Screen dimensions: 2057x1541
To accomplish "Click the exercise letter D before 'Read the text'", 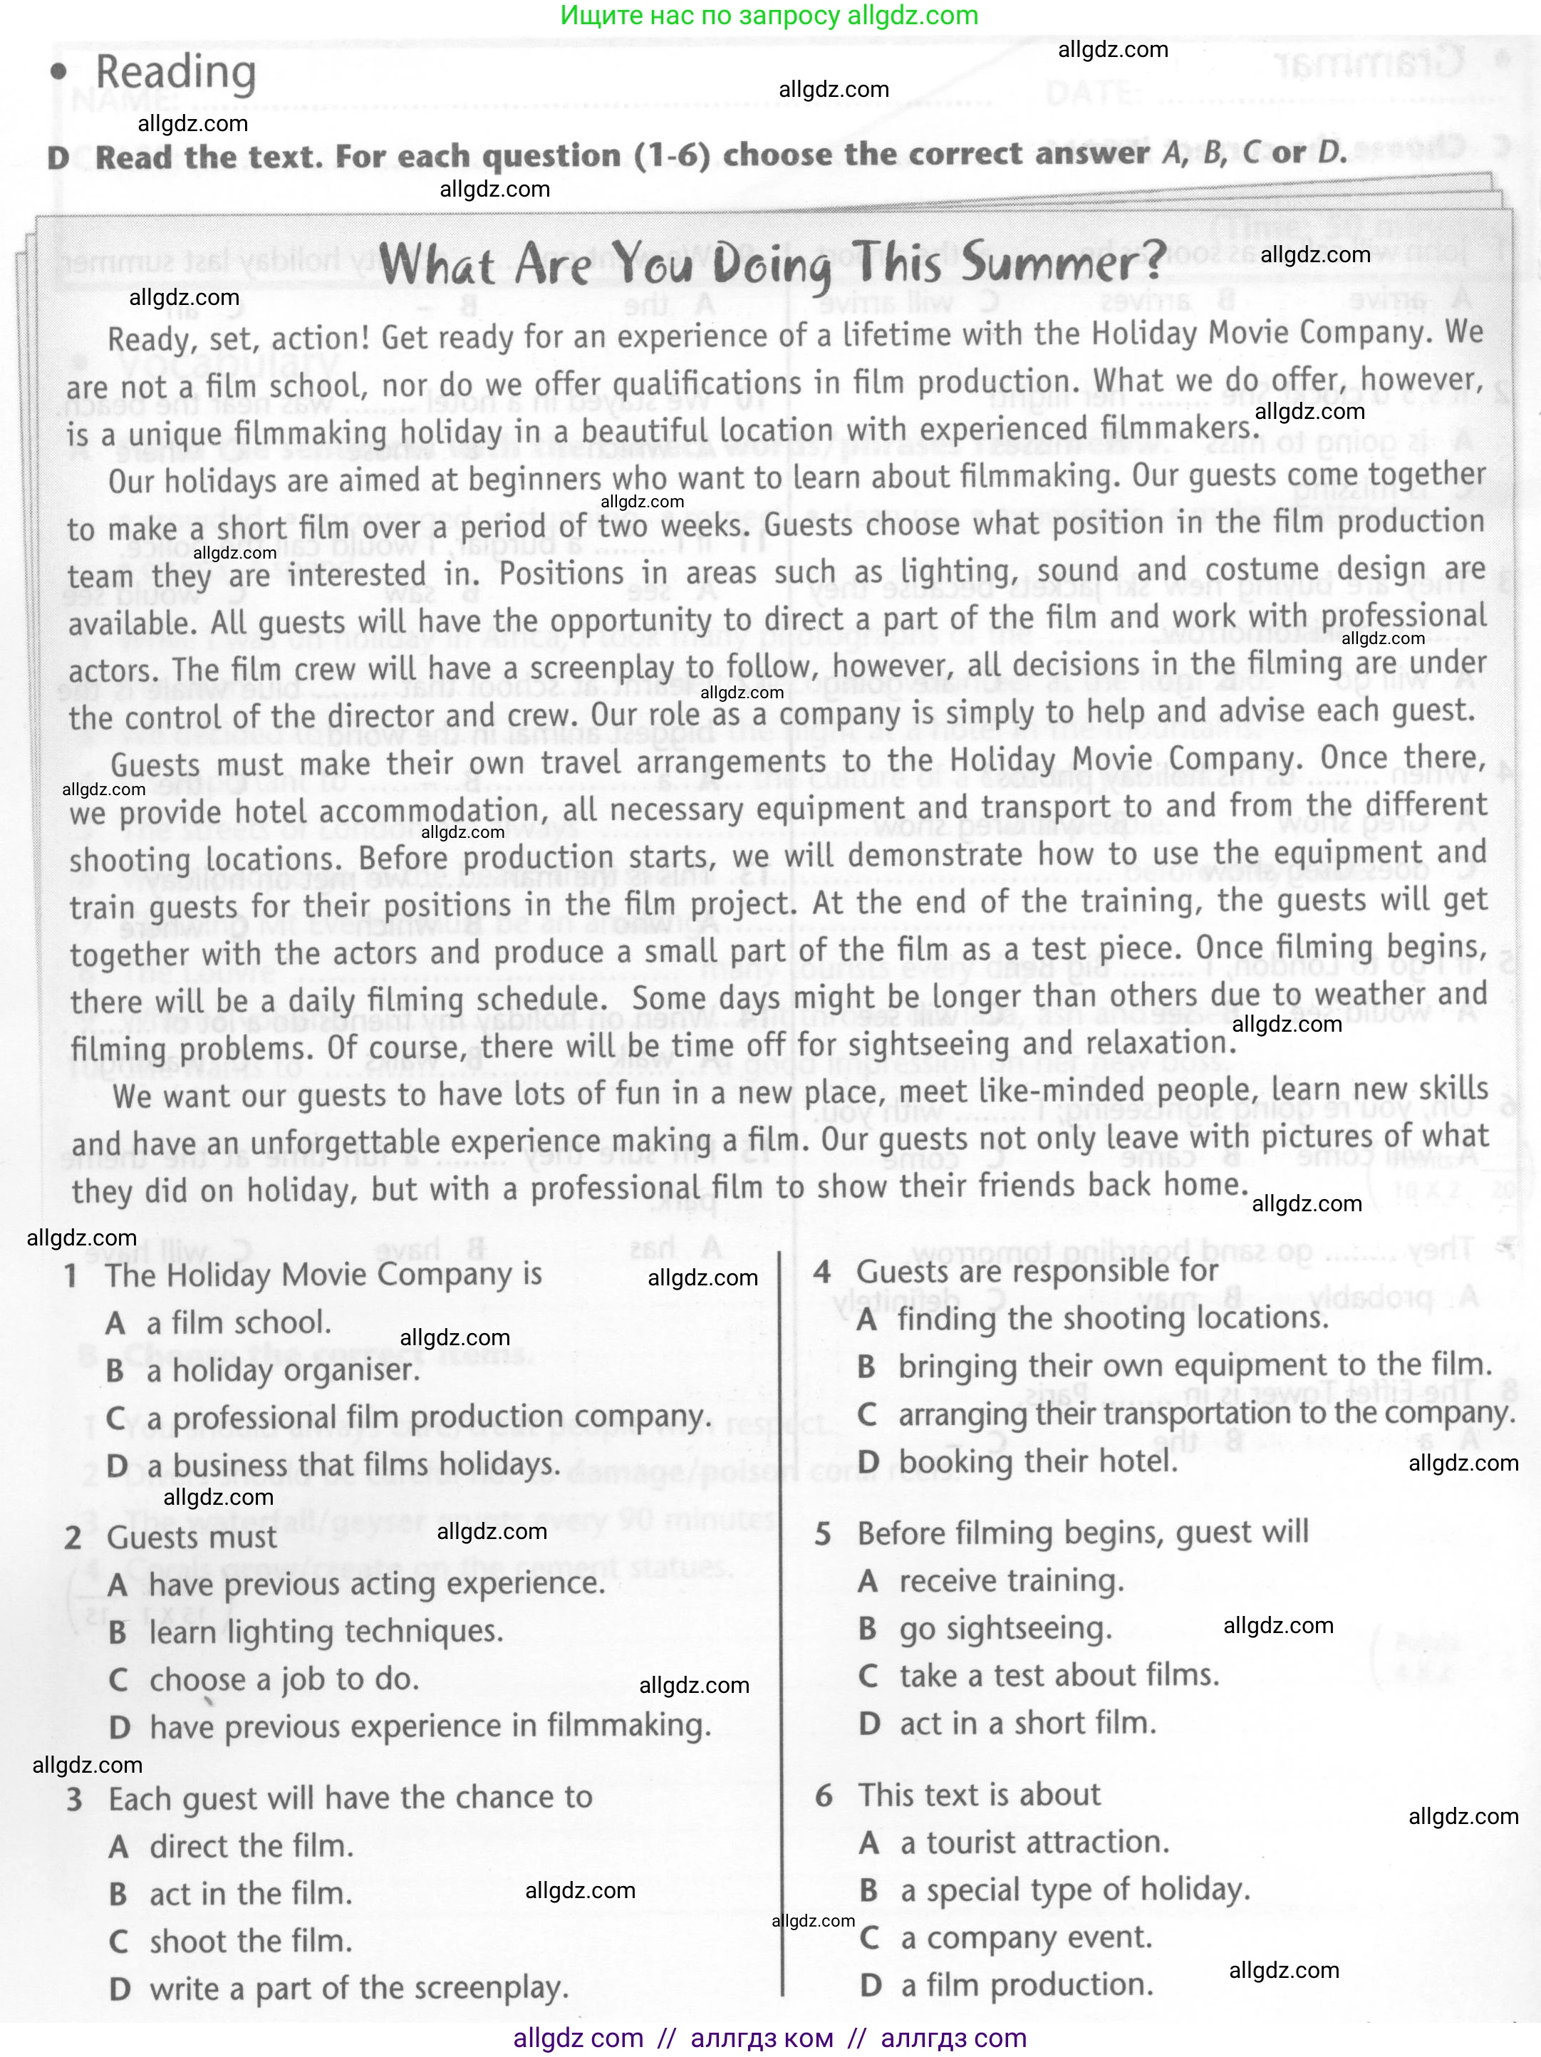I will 58,157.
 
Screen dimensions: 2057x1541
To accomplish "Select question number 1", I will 71,1275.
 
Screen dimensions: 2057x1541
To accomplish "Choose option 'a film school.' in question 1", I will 238,1322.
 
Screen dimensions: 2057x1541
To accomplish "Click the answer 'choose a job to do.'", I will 284,1679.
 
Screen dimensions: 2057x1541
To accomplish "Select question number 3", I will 74,1798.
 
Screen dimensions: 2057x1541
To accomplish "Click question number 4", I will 822,1271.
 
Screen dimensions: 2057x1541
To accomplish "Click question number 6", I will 823,1795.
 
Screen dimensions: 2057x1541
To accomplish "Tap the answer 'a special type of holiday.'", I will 1074,1890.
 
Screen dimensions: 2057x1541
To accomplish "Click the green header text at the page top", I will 770,16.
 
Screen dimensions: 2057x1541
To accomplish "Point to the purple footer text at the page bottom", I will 770,2038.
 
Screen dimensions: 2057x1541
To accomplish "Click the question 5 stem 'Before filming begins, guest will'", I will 1082,1532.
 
